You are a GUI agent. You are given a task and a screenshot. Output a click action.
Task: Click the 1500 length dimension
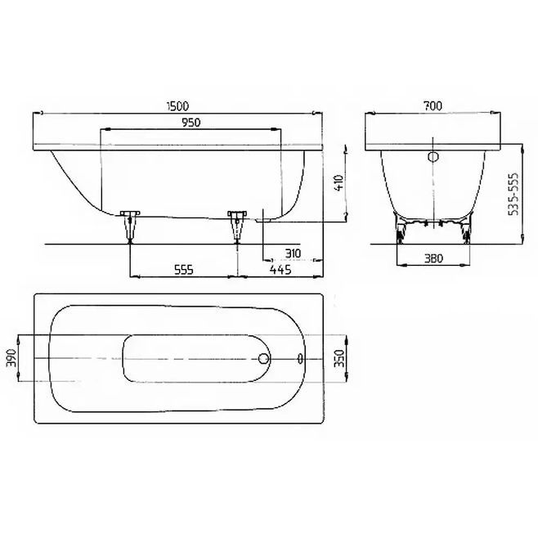point(177,106)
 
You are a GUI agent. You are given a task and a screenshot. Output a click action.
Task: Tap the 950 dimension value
point(191,123)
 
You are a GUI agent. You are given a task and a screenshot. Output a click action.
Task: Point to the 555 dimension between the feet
point(184,270)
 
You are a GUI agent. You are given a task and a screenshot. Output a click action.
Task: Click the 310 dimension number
point(293,253)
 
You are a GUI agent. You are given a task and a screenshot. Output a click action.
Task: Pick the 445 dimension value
point(280,270)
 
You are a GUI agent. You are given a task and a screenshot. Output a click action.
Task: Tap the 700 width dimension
point(433,106)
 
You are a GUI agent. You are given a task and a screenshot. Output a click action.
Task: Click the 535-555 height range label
point(513,195)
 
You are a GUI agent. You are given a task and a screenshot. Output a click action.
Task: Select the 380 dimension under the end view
point(433,258)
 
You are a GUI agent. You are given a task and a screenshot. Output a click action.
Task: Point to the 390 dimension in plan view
point(11,357)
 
